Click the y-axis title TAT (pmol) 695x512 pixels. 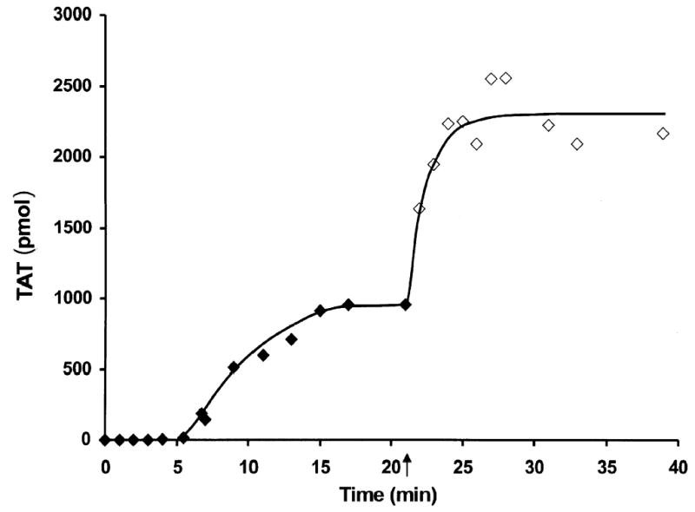[25, 227]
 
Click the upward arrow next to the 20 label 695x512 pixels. [407, 466]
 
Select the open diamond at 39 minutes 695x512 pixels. [663, 134]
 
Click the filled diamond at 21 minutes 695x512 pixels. [406, 305]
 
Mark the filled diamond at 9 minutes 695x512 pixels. [234, 367]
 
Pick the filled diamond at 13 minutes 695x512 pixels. [291, 339]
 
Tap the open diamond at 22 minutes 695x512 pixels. [420, 208]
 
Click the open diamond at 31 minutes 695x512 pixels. [548, 125]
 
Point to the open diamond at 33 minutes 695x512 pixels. [577, 144]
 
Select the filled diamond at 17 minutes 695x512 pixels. [348, 305]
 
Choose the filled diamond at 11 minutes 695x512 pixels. [262, 355]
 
